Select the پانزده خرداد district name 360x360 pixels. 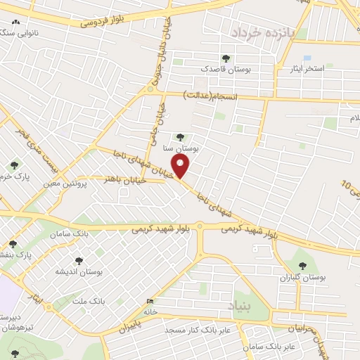[261, 32]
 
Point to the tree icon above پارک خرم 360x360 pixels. [14, 166]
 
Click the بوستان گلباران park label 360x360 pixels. [323, 278]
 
